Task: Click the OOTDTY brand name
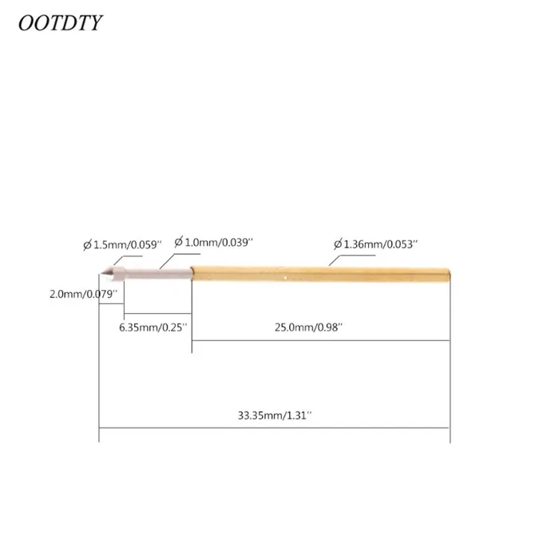pyautogui.click(x=61, y=22)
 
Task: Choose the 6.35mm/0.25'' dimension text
pyautogui.click(x=153, y=327)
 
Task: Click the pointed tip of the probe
pyautogui.click(x=101, y=274)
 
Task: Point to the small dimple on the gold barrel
pyautogui.click(x=285, y=276)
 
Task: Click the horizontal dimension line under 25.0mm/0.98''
pyautogui.click(x=319, y=340)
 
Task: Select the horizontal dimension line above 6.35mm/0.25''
pyautogui.click(x=157, y=313)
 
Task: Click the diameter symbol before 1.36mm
pyautogui.click(x=337, y=242)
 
